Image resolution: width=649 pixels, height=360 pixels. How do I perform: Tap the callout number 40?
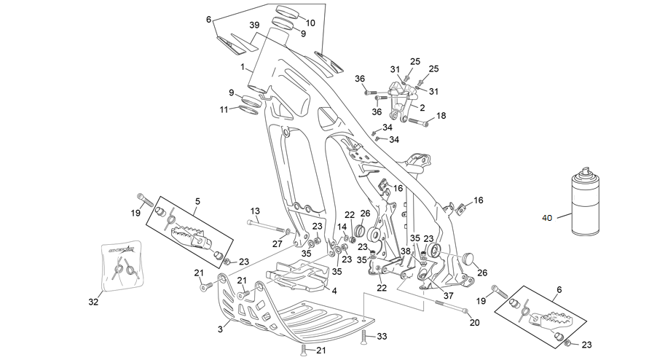pyautogui.click(x=547, y=218)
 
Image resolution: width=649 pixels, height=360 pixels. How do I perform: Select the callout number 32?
pyautogui.click(x=93, y=302)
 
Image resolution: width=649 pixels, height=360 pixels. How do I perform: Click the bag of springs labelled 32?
pyautogui.click(x=122, y=265)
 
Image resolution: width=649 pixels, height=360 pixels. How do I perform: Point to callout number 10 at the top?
pyautogui.click(x=310, y=23)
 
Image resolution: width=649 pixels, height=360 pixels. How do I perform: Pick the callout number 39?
pyautogui.click(x=254, y=26)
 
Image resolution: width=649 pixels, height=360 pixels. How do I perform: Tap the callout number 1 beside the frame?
pyautogui.click(x=243, y=67)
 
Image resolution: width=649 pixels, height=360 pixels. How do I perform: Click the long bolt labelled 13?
pyautogui.click(x=268, y=226)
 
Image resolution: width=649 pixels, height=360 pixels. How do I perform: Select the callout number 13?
pyautogui.click(x=255, y=211)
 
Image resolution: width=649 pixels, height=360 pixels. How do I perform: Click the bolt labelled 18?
pyautogui.click(x=419, y=122)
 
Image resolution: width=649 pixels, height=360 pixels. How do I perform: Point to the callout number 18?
pyautogui.click(x=441, y=116)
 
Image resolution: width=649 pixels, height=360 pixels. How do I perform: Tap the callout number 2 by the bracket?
pyautogui.click(x=422, y=108)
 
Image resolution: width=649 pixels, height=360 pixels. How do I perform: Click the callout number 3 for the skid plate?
pyautogui.click(x=220, y=329)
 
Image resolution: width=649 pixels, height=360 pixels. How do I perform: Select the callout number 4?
pyautogui.click(x=334, y=291)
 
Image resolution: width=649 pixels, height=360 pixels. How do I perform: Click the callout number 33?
pyautogui.click(x=382, y=337)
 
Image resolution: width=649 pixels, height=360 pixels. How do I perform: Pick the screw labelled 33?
pyautogui.click(x=363, y=337)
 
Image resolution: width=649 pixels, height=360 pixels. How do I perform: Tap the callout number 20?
pyautogui.click(x=474, y=322)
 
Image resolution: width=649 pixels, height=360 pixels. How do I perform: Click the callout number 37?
pyautogui.click(x=448, y=296)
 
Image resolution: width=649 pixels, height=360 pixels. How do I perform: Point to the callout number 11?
pyautogui.click(x=224, y=110)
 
